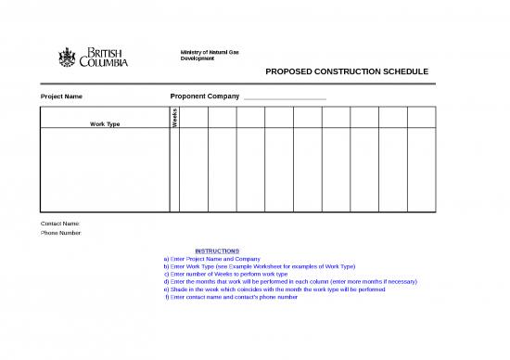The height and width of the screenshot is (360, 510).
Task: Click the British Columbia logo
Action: click(93, 57)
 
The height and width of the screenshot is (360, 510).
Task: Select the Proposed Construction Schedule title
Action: click(347, 71)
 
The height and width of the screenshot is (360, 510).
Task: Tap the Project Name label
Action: click(61, 96)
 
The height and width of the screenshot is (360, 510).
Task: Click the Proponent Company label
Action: click(205, 96)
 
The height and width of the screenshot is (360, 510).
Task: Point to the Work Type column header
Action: click(104, 123)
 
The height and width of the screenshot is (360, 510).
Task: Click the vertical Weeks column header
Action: click(174, 117)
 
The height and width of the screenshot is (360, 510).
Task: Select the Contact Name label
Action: click(60, 224)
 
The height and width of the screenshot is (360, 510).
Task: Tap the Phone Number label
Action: click(61, 233)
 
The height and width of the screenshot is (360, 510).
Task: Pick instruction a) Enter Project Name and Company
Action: click(211, 259)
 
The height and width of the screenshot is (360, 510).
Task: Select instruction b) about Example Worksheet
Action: click(259, 266)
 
